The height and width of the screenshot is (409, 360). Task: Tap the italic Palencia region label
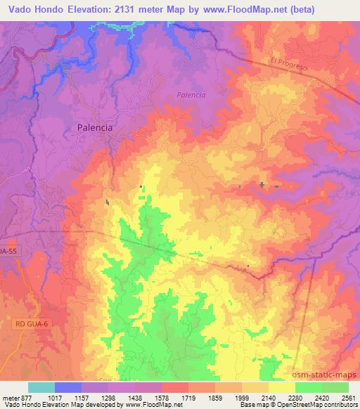(190, 95)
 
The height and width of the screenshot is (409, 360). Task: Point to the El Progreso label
(290, 63)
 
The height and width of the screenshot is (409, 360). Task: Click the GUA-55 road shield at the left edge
(8, 250)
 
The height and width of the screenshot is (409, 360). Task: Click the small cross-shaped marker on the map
(262, 186)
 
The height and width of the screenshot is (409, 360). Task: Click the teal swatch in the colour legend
(41, 387)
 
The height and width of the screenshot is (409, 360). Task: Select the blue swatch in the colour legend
(68, 387)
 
